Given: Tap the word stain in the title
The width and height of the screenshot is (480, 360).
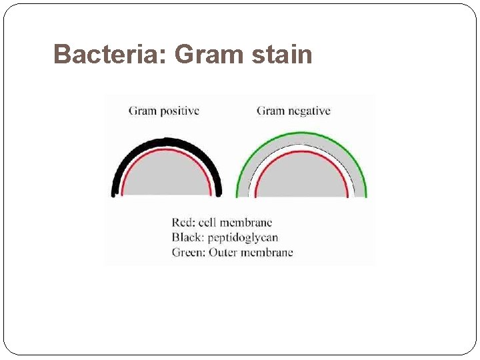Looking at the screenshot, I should pyautogui.click(x=283, y=55).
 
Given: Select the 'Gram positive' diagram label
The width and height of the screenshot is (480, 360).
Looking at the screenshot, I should pyautogui.click(x=163, y=111).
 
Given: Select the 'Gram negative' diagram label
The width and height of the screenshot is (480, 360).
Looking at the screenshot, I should pyautogui.click(x=293, y=111).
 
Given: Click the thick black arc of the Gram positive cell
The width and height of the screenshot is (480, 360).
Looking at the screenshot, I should pyautogui.click(x=167, y=142).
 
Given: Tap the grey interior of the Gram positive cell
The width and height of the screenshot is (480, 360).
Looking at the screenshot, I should pyautogui.click(x=167, y=177).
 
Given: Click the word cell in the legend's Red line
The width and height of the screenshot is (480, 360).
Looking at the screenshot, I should pyautogui.click(x=209, y=223).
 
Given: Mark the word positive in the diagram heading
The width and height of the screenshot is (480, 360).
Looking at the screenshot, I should pyautogui.click(x=179, y=111).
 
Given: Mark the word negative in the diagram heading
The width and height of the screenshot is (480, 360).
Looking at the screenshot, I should pyautogui.click(x=309, y=111).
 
